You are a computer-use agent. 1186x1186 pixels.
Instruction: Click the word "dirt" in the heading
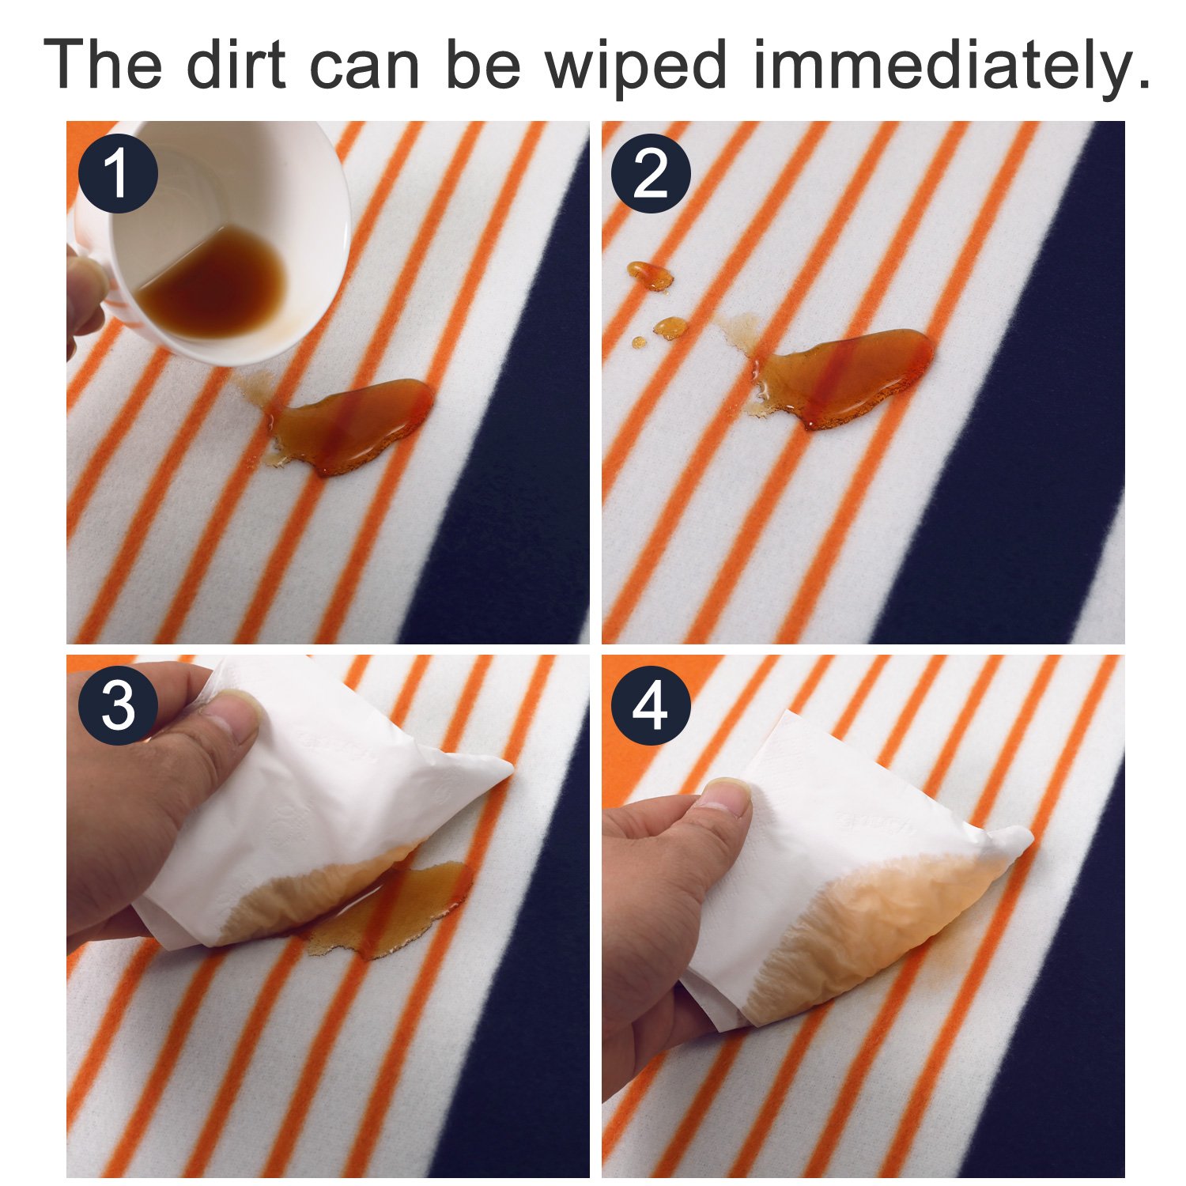(236, 64)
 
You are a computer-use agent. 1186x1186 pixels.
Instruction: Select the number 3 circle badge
(118, 706)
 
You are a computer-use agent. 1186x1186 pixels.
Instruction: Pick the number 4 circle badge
(651, 706)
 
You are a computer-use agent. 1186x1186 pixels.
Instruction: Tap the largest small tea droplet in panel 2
(650, 275)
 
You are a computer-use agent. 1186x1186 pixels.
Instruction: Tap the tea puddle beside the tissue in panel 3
(395, 909)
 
